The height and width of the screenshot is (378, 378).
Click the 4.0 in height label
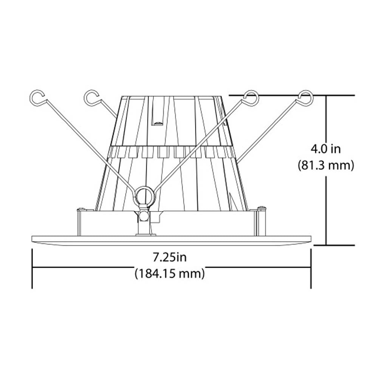click(325, 149)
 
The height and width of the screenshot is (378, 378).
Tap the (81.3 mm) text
click(326, 166)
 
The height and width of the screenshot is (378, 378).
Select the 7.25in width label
click(170, 258)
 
